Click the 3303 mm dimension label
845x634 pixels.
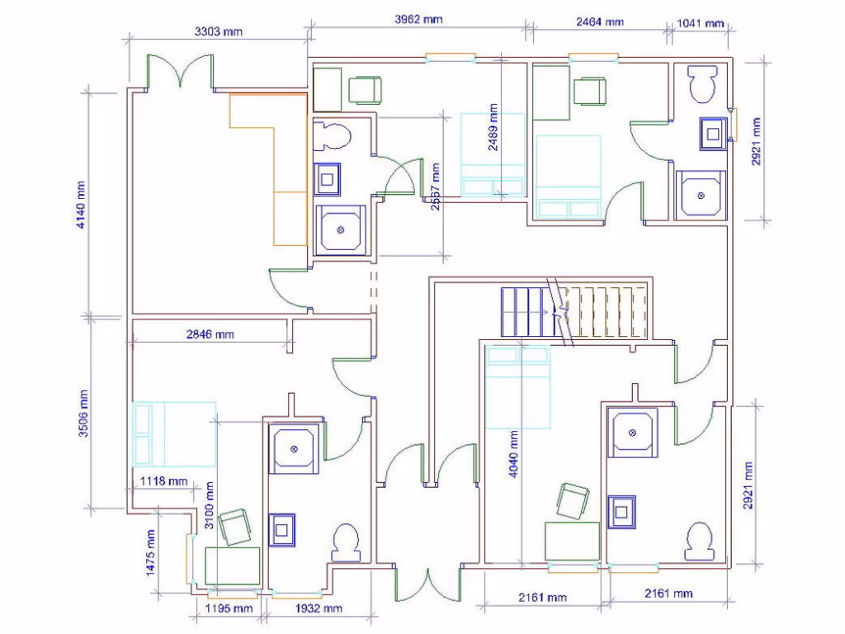pyautogui.click(x=219, y=31)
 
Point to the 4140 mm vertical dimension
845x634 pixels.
pyautogui.click(x=81, y=203)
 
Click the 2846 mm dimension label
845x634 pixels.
pyautogui.click(x=209, y=334)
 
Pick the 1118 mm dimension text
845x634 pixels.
pyautogui.click(x=163, y=480)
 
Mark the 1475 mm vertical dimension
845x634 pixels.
pyautogui.click(x=152, y=564)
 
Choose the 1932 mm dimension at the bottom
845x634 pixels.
pyautogui.click(x=319, y=608)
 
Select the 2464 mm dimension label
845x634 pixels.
pyautogui.click(x=599, y=21)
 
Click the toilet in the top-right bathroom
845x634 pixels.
pyautogui.click(x=704, y=83)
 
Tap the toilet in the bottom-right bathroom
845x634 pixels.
pyautogui.click(x=699, y=544)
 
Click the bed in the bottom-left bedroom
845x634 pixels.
pyautogui.click(x=174, y=434)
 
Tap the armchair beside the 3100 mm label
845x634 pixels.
pyautogui.click(x=235, y=527)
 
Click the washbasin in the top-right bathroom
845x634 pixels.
pyautogui.click(x=711, y=131)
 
